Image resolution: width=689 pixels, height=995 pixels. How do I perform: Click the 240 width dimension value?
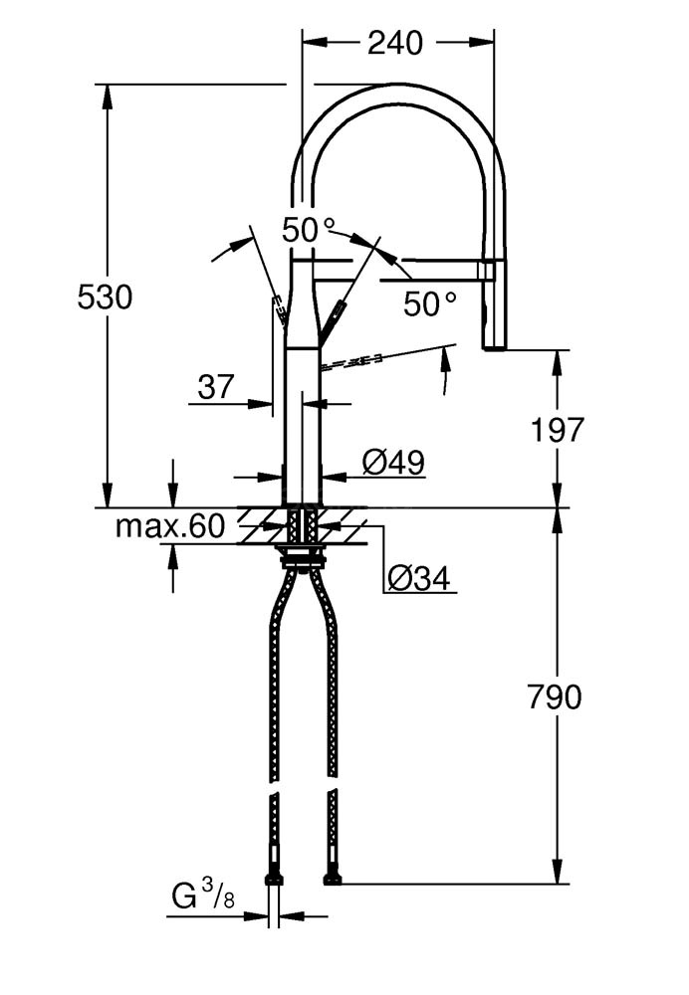pos(395,43)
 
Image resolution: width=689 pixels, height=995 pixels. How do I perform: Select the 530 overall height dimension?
pos(105,297)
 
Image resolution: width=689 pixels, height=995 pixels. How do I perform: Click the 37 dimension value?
pos(216,386)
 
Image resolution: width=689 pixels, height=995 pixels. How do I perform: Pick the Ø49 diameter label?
pos(393,462)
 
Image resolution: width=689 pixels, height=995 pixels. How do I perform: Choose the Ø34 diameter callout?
pos(419,577)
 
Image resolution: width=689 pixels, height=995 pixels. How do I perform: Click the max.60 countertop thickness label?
pos(170,526)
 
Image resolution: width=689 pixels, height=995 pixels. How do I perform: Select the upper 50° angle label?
pos(309,231)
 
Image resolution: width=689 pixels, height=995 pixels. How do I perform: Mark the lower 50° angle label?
pos(430,303)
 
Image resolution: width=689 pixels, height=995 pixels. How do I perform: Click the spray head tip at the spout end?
pos(495,340)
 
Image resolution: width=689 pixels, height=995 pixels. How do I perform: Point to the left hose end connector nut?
pos(274,878)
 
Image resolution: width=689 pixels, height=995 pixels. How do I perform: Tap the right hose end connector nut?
pos(333,878)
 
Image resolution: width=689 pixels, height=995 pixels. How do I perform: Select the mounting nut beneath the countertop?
pos(303,560)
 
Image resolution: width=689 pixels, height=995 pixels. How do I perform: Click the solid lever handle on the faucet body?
pos(333,318)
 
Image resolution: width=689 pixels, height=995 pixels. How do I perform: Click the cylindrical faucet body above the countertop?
pos(303,428)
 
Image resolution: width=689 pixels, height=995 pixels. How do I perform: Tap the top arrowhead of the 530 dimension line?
pos(107,93)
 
